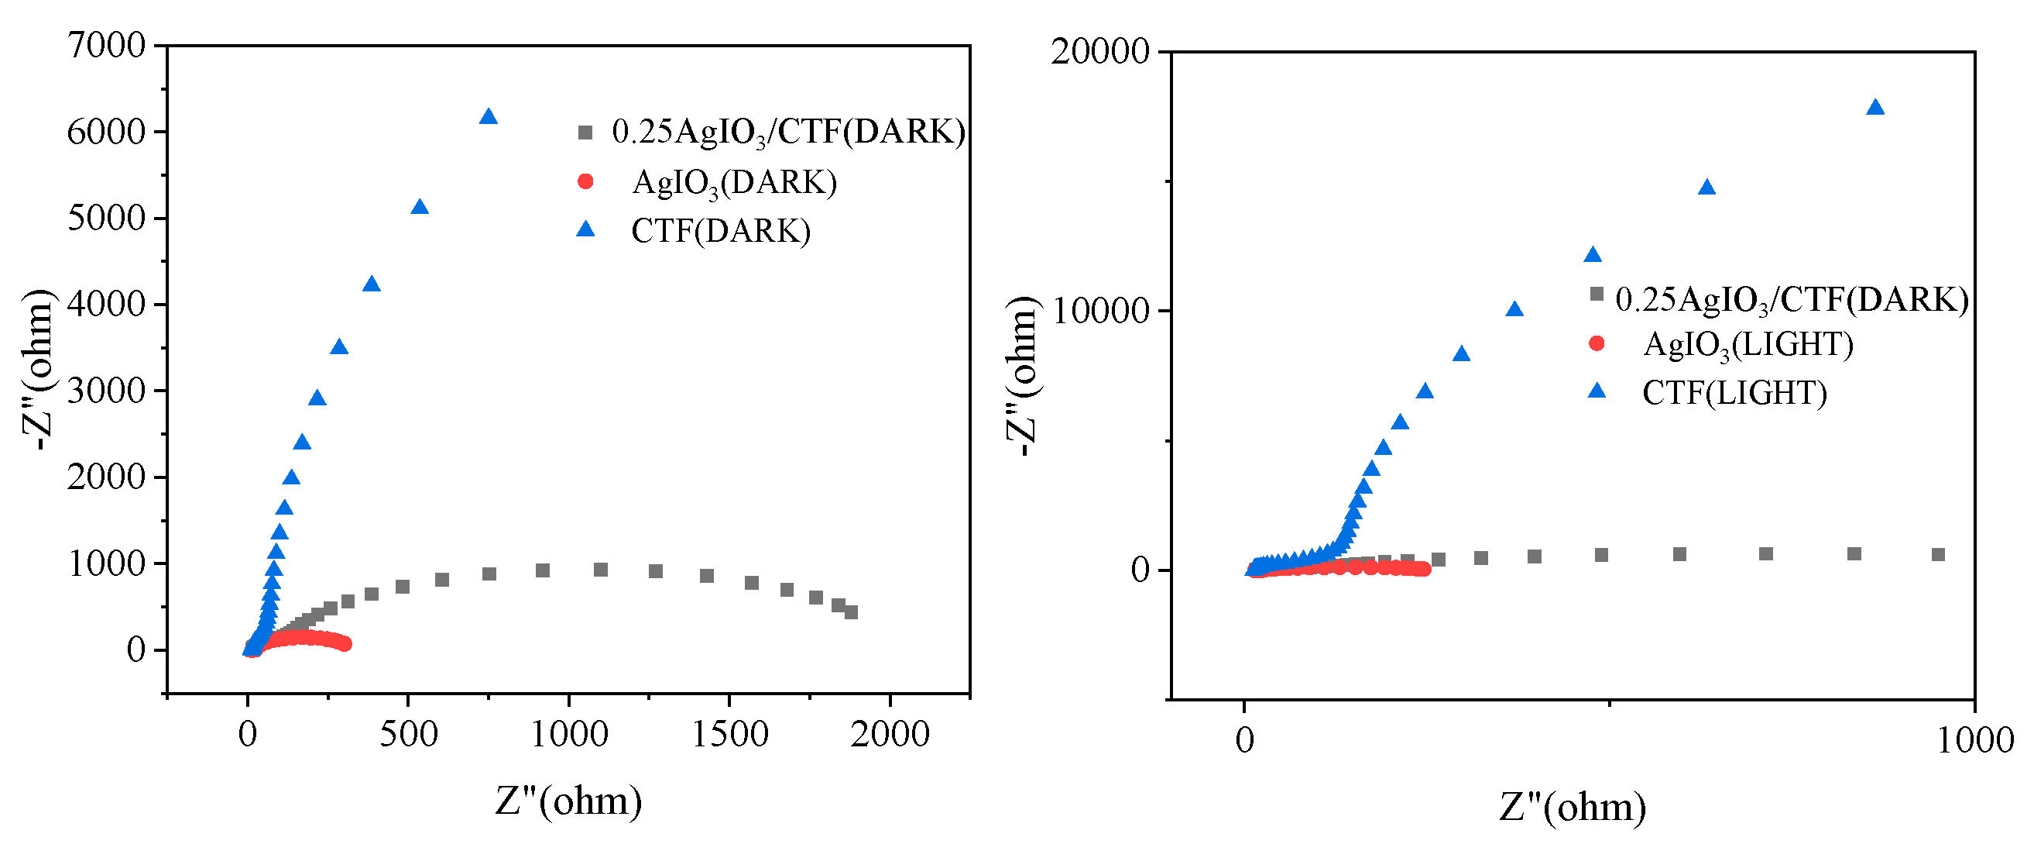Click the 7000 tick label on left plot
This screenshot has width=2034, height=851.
click(106, 46)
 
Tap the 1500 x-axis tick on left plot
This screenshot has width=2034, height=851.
click(730, 735)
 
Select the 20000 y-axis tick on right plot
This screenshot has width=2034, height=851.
click(1099, 52)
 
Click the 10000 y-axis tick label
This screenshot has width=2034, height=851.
click(1099, 312)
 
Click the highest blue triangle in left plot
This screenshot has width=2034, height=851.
click(488, 117)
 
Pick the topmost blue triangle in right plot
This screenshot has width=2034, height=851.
click(1875, 108)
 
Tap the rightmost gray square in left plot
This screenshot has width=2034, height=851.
click(850, 612)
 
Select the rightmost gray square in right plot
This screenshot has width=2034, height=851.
click(1938, 555)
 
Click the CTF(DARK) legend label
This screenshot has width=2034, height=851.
click(720, 232)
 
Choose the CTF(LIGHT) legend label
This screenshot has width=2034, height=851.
click(1734, 393)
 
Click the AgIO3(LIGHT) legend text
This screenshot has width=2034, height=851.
click(1748, 345)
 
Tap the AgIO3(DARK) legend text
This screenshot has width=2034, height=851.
click(733, 183)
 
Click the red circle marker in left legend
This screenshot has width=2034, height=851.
click(585, 181)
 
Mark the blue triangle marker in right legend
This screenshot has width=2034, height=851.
click(1596, 391)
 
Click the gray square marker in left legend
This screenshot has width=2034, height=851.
click(585, 133)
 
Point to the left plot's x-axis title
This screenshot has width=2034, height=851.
click(568, 801)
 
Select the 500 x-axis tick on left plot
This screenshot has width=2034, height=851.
click(408, 735)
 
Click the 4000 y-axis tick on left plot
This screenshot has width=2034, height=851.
click(106, 305)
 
